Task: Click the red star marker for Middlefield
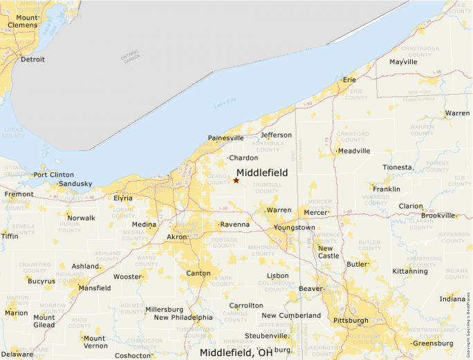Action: (236, 180)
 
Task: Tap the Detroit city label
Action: (33, 59)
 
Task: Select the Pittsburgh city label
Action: (351, 321)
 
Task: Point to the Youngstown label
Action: (295, 227)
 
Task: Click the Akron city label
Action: (177, 237)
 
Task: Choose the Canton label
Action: (198, 274)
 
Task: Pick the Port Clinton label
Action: (54, 175)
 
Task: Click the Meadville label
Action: (354, 151)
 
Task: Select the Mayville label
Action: (403, 61)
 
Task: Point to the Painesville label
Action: (226, 138)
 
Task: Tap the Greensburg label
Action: (432, 343)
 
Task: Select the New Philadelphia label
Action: (183, 318)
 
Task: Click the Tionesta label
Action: (397, 167)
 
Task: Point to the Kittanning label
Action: (410, 272)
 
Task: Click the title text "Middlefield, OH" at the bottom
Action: (236, 353)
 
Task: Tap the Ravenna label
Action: (235, 225)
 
